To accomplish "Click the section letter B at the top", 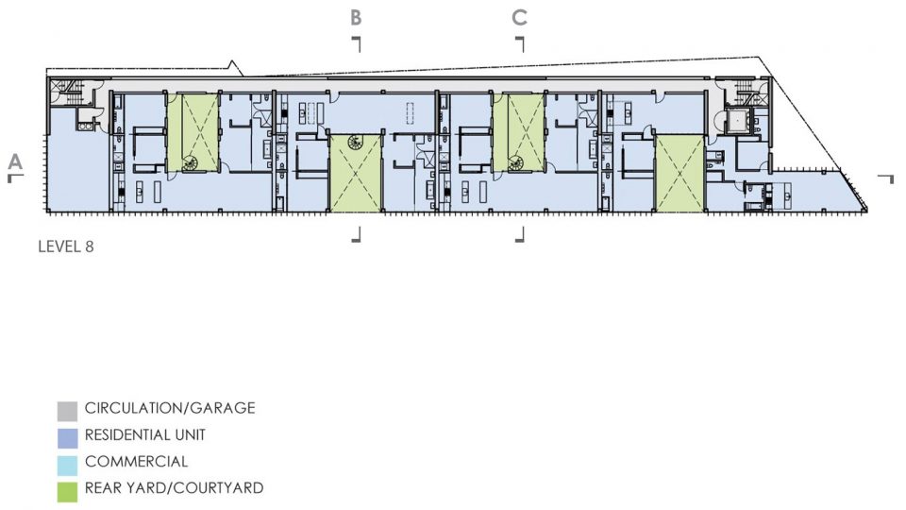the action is [x=356, y=17].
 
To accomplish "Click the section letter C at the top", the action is [x=519, y=17].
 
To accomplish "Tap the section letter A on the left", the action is [x=15, y=161].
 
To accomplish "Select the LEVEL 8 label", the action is [x=66, y=246].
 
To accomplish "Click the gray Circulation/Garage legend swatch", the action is [x=67, y=411].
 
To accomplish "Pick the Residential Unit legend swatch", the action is [x=67, y=437].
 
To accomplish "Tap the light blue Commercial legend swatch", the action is [x=67, y=465].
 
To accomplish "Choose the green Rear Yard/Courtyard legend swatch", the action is [x=67, y=491].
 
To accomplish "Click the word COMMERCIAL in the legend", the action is [x=136, y=462].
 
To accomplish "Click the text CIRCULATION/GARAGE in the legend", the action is [x=170, y=408].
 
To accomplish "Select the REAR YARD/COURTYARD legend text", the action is [x=174, y=488].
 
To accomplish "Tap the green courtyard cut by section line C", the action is [x=519, y=132].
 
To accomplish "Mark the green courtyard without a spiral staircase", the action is [x=679, y=173].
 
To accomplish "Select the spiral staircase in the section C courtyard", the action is [x=516, y=164].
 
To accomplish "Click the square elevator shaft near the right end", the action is [x=737, y=121].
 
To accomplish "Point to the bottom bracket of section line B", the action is [x=357, y=234].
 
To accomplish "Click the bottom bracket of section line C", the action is [x=520, y=234].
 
